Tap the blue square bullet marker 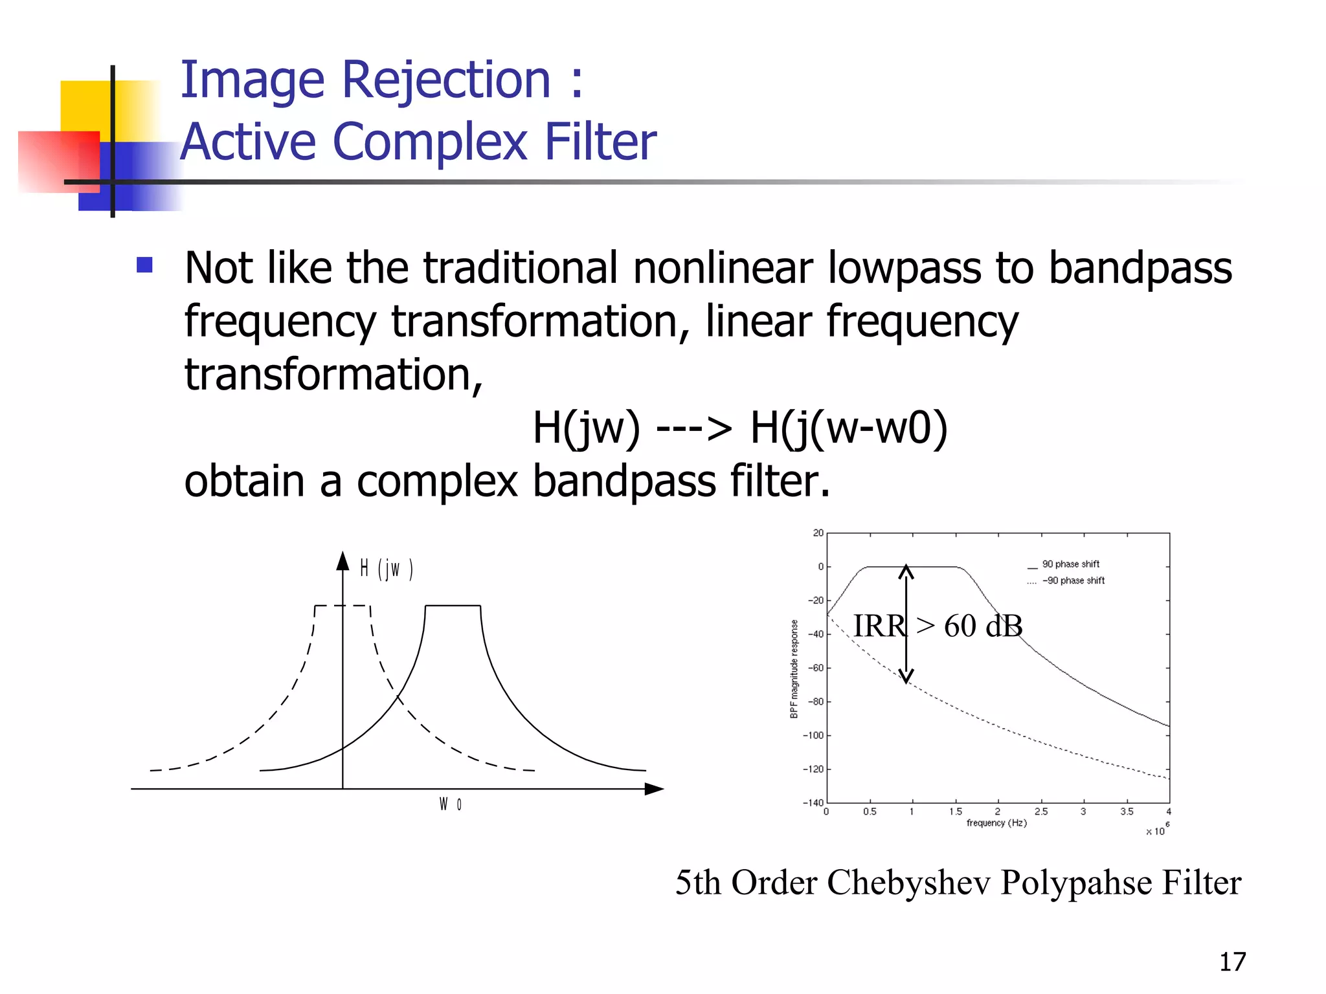click(145, 265)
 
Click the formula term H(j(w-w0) click(848, 428)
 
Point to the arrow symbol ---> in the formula click(693, 428)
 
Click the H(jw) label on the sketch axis click(387, 569)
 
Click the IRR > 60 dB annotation click(938, 626)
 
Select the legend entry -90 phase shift click(1073, 580)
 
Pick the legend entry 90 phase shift click(1070, 564)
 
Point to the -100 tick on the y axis click(813, 736)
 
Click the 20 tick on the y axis click(818, 533)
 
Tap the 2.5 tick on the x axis click(1040, 812)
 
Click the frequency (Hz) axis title click(996, 823)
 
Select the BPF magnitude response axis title click(794, 669)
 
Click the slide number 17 click(1232, 962)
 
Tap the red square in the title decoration click(58, 162)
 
